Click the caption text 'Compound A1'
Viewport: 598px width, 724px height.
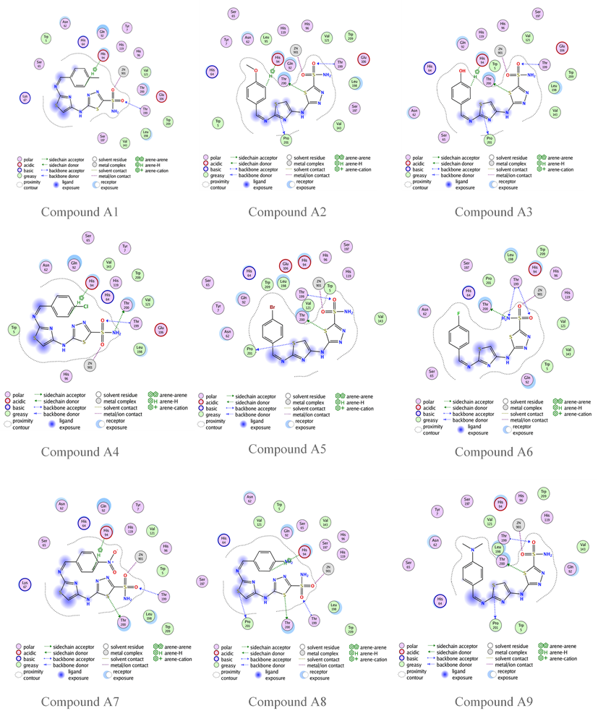click(80, 212)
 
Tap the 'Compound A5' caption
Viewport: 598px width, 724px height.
click(287, 448)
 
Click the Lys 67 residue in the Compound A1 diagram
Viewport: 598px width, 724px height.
click(25, 97)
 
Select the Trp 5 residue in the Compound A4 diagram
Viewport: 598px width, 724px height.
click(13, 331)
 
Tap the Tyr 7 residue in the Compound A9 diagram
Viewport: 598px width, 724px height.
click(436, 511)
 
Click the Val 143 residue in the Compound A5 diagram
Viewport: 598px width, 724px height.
click(380, 316)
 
